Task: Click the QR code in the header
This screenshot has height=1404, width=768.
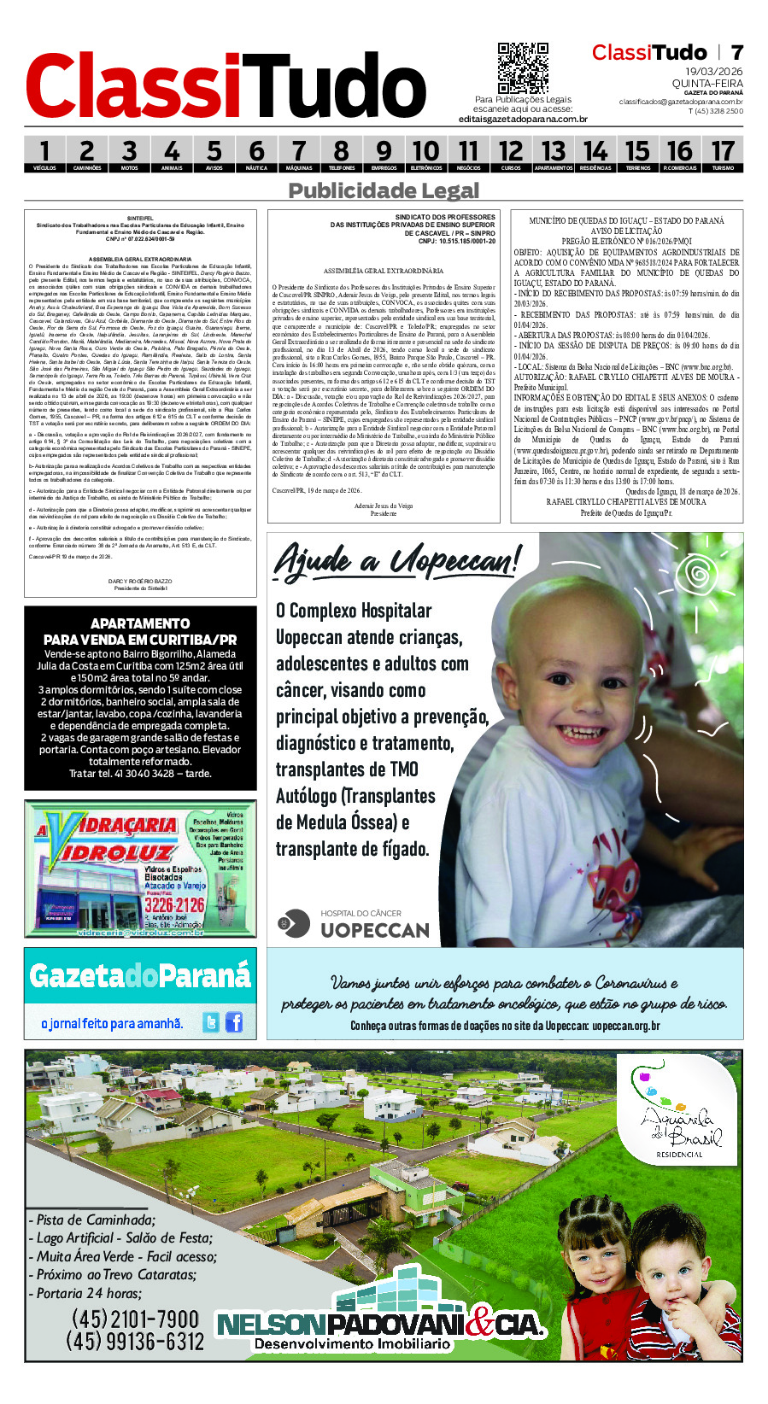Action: coord(523,68)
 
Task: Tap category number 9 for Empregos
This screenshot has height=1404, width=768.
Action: coord(384,153)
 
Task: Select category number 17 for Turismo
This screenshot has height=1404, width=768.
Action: coord(723,153)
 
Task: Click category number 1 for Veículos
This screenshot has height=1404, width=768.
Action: coord(44,153)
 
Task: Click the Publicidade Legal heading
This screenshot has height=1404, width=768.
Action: coord(384,190)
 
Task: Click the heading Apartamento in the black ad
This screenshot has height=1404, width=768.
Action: coord(140,623)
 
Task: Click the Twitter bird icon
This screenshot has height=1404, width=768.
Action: coord(211,1021)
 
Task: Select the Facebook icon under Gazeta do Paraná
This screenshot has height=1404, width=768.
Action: coord(233,1021)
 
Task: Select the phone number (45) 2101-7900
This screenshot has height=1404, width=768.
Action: coord(135,1319)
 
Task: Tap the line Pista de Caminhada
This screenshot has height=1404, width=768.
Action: coord(95,1220)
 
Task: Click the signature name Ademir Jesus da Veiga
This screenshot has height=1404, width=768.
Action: coord(384,506)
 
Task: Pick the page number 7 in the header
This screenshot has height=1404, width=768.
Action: coord(736,53)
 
